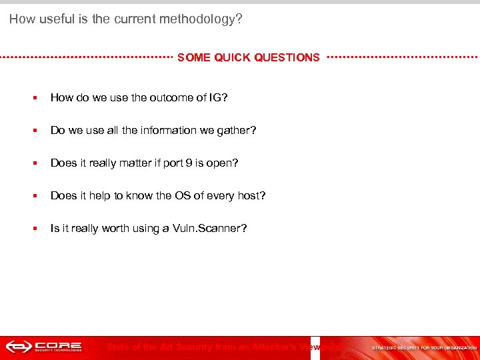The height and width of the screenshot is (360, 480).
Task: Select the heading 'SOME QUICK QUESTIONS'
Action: click(249, 58)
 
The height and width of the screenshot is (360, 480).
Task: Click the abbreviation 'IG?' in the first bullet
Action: click(218, 98)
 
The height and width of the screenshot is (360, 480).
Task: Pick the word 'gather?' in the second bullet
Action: click(237, 131)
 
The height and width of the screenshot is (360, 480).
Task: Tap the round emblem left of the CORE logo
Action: click(17, 347)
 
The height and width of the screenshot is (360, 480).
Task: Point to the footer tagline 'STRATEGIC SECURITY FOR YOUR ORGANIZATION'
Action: click(425, 348)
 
